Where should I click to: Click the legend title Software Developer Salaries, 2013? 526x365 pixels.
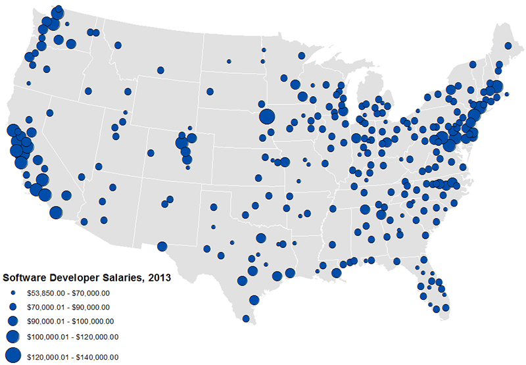[x=87, y=278]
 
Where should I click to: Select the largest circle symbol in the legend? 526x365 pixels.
[x=13, y=355]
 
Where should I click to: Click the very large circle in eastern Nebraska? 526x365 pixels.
[x=266, y=117]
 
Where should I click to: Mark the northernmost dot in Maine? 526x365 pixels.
[x=508, y=45]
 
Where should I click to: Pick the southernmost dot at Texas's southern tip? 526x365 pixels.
[x=246, y=319]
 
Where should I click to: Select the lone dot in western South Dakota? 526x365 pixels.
[x=210, y=91]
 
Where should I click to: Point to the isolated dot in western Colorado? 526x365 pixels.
[x=151, y=153]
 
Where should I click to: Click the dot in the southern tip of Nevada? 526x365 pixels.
[x=82, y=177]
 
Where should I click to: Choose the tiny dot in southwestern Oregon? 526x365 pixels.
[x=28, y=84]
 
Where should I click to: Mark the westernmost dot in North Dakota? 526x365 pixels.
[x=229, y=61]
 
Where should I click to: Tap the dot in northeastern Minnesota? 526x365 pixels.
[x=300, y=57]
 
